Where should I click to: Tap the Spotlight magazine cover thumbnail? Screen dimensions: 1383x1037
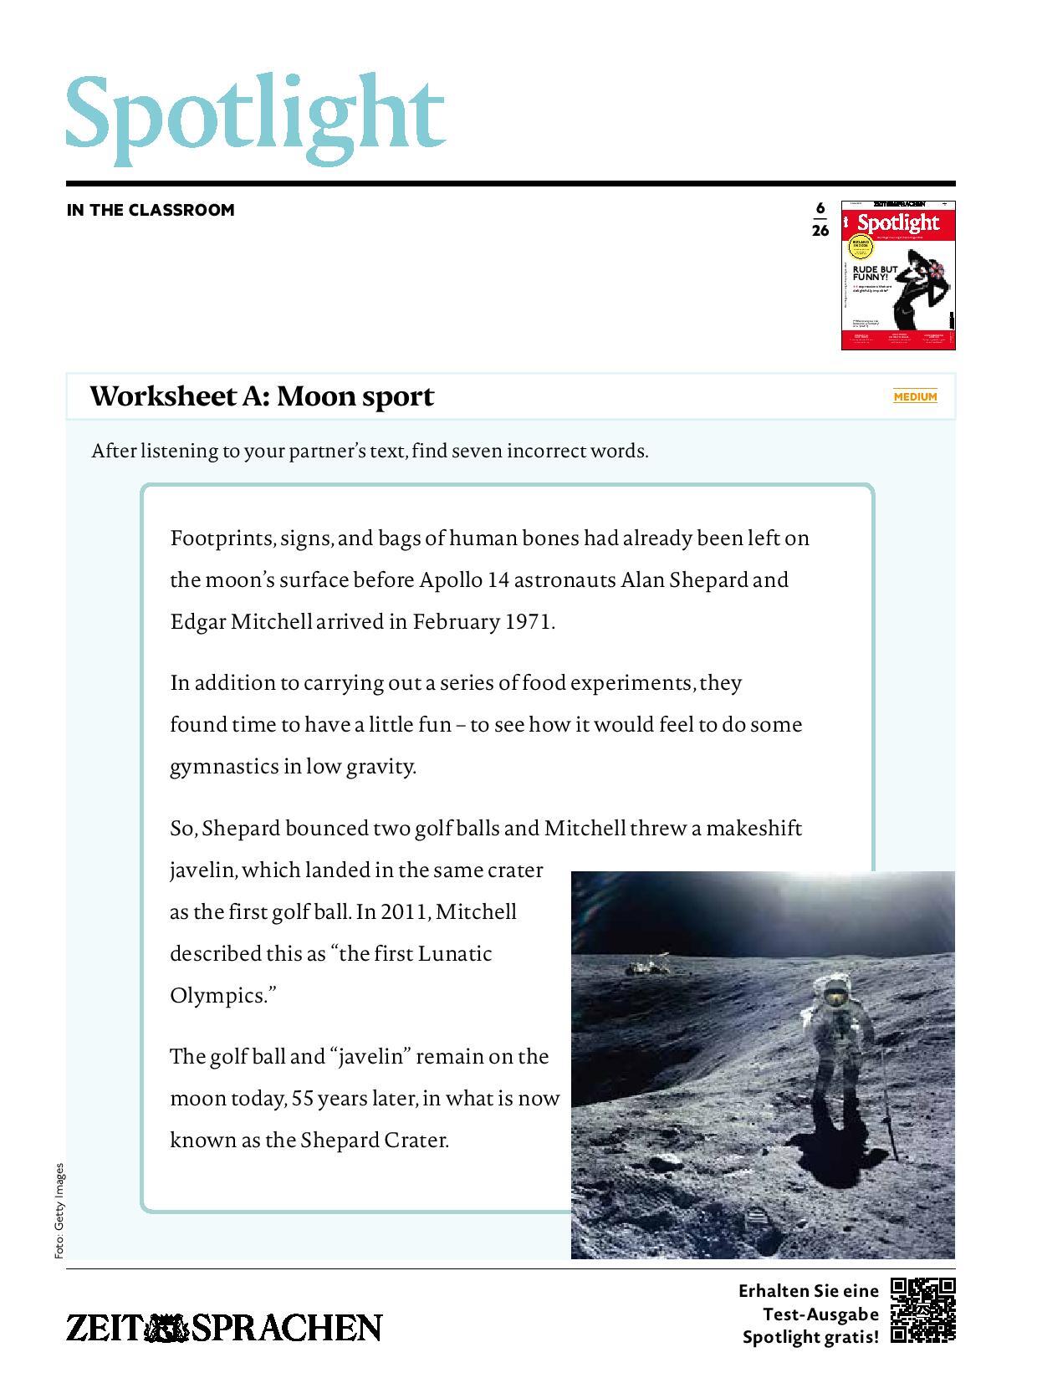click(x=897, y=275)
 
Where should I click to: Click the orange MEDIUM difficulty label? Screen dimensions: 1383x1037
click(x=915, y=396)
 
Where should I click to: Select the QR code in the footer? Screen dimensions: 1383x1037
click(x=922, y=1310)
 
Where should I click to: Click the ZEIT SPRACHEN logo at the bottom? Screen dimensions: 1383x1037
click(x=224, y=1328)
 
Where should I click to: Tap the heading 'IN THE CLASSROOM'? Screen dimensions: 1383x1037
click(x=151, y=210)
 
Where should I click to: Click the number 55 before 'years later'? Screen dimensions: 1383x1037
click(x=302, y=1099)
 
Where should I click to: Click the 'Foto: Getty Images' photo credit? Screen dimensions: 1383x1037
click(x=59, y=1210)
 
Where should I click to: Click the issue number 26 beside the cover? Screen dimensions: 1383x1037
click(x=820, y=231)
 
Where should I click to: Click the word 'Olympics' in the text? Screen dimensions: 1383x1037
click(x=220, y=996)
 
